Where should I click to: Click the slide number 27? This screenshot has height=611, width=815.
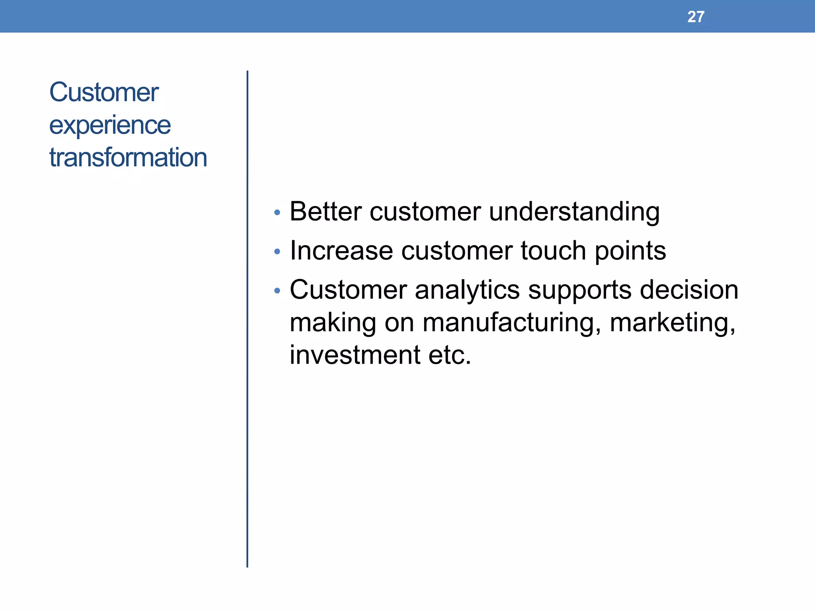pyautogui.click(x=696, y=17)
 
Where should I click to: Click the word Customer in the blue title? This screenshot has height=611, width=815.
pyautogui.click(x=104, y=92)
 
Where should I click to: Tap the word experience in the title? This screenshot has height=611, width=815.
pyautogui.click(x=110, y=126)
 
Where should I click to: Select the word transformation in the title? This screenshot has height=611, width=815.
pyautogui.click(x=128, y=158)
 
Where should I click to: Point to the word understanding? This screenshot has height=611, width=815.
pyautogui.click(x=574, y=212)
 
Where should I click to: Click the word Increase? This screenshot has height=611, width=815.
pyautogui.click(x=341, y=251)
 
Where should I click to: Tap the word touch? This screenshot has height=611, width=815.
pyautogui.click(x=553, y=251)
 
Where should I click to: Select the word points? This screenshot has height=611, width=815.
pyautogui.click(x=630, y=251)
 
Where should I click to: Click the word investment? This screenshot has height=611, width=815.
pyautogui.click(x=355, y=355)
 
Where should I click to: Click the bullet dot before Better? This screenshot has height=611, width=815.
pyautogui.click(x=277, y=213)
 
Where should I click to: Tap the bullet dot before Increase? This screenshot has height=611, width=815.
pyautogui.click(x=277, y=252)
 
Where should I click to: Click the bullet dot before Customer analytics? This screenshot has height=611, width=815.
pyautogui.click(x=277, y=291)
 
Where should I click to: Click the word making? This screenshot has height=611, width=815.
pyautogui.click(x=333, y=323)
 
